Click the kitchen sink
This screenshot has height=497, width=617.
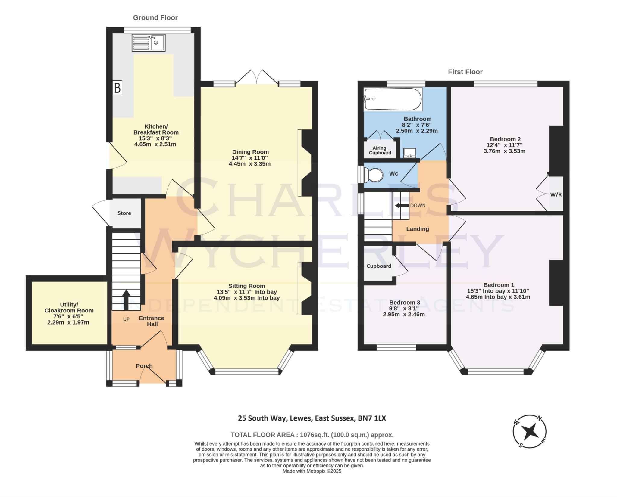tap(149, 42)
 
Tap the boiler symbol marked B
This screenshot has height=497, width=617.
tap(117, 88)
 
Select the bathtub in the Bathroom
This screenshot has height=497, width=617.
tap(393, 99)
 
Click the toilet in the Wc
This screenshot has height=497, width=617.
tap(373, 175)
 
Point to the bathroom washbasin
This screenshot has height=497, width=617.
tap(409, 153)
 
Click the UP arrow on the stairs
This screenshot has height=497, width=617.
tap(126, 300)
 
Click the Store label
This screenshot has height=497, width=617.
tap(124, 213)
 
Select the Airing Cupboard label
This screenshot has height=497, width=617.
tap(380, 150)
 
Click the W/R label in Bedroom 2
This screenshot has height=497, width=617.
tap(556, 194)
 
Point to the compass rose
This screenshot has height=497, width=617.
tap(530, 431)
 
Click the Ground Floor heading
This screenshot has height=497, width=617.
tap(155, 18)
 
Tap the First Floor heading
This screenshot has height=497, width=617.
tap(465, 72)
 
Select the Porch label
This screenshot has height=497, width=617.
tap(144, 366)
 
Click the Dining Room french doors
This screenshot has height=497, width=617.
tap(257, 77)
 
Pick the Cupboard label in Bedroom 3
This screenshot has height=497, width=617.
tap(379, 266)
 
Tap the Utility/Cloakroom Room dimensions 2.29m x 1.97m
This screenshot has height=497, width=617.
tap(68, 322)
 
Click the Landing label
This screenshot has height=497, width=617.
tap(418, 229)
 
